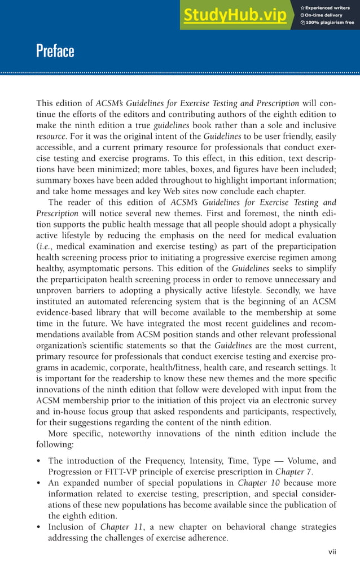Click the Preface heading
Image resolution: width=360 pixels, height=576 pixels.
(55, 51)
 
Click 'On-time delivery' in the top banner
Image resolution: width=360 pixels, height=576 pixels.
(325, 15)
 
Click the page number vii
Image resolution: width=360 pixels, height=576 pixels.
(332, 552)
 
